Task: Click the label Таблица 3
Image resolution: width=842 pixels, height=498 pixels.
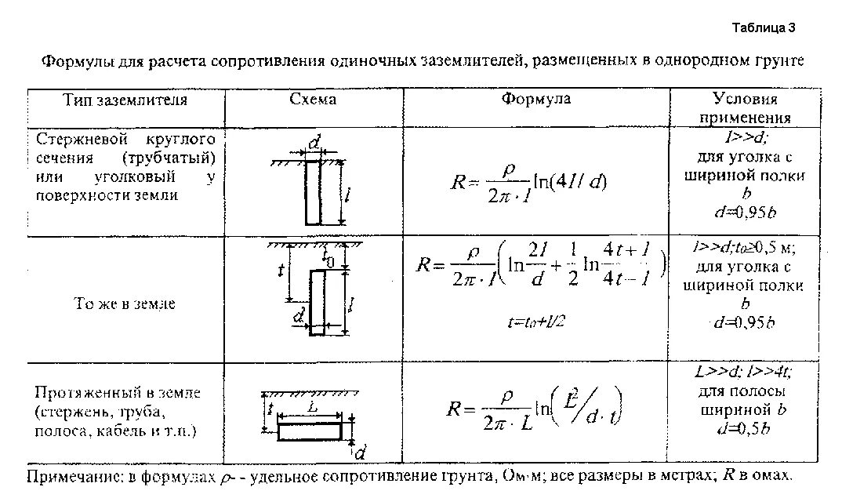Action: (764, 28)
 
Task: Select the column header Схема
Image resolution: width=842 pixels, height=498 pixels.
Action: (313, 100)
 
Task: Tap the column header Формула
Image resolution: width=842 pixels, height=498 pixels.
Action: (536, 100)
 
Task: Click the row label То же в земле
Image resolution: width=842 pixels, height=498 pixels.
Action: (125, 304)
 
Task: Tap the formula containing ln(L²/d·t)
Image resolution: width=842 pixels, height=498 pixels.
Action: (536, 409)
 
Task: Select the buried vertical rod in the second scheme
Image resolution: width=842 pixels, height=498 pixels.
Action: (318, 303)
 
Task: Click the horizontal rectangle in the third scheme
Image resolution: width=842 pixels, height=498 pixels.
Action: (310, 431)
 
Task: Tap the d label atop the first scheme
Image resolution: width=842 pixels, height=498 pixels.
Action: (314, 143)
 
